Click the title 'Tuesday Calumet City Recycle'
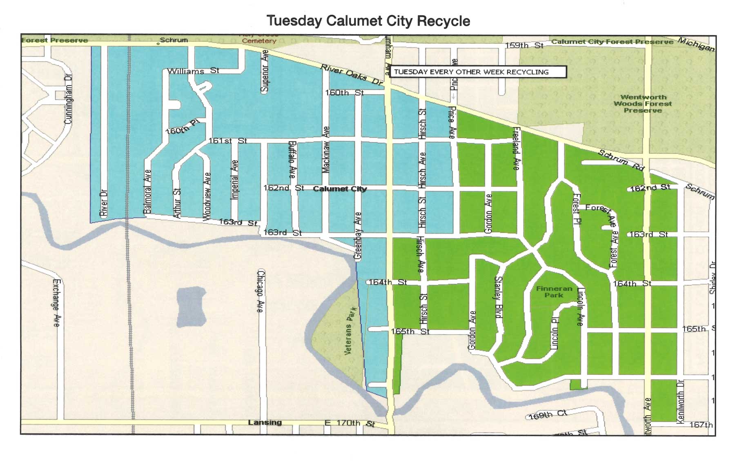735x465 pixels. [368, 21]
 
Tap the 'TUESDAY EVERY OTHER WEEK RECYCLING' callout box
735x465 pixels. [477, 72]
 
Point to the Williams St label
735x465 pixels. [193, 71]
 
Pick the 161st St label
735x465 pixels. [227, 141]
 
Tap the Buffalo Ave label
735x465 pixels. [292, 160]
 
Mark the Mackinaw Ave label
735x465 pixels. [325, 149]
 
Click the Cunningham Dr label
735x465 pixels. [68, 99]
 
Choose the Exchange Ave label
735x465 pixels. [56, 303]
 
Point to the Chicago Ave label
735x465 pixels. [261, 291]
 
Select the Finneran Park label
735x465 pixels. [554, 291]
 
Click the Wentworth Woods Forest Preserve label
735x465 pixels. [643, 104]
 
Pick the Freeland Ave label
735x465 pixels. [516, 149]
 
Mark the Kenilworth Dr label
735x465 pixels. [680, 402]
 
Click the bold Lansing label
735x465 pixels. [265, 423]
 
